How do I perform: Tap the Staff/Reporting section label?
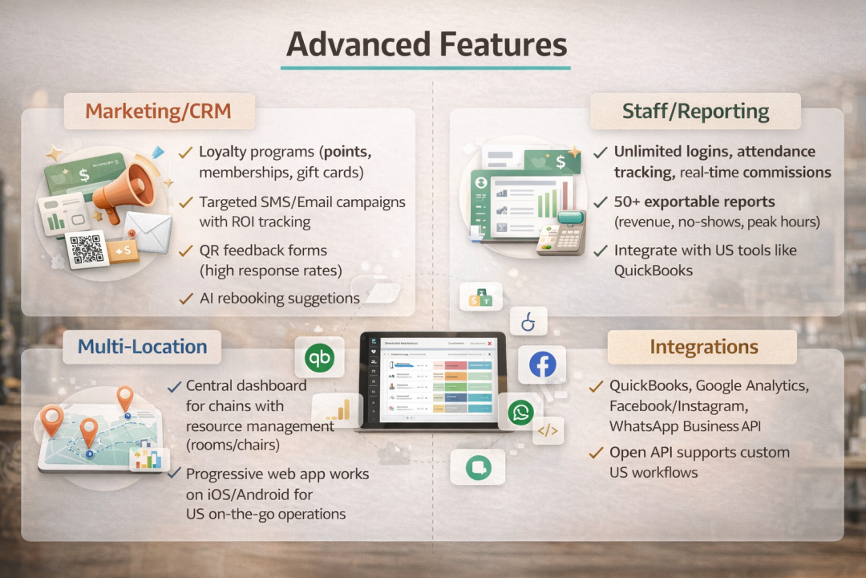(695, 111)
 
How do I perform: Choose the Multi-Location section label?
(142, 347)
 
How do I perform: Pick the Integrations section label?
(703, 347)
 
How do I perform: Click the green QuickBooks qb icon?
(320, 358)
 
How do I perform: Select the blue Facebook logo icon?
(543, 365)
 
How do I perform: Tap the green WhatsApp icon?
(520, 413)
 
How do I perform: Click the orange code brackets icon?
(548, 431)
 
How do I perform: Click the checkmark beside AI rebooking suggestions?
(185, 298)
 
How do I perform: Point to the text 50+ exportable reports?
(694, 201)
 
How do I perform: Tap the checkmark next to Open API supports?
(596, 453)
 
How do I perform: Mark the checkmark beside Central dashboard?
(173, 386)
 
